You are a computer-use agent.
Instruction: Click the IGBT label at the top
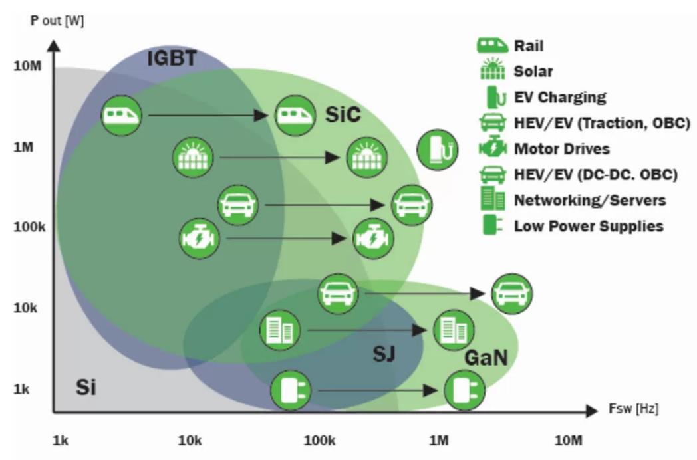click(172, 59)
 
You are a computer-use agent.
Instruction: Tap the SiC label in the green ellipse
click(343, 114)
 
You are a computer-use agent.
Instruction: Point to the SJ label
click(383, 354)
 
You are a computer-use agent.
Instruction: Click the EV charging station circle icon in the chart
click(438, 150)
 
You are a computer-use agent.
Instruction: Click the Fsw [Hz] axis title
click(632, 409)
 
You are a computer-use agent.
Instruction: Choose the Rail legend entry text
click(529, 46)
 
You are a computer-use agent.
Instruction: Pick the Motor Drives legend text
click(561, 148)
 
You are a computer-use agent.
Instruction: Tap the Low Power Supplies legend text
click(589, 226)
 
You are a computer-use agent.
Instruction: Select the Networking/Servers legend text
click(590, 200)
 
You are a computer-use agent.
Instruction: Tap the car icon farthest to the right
click(511, 292)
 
